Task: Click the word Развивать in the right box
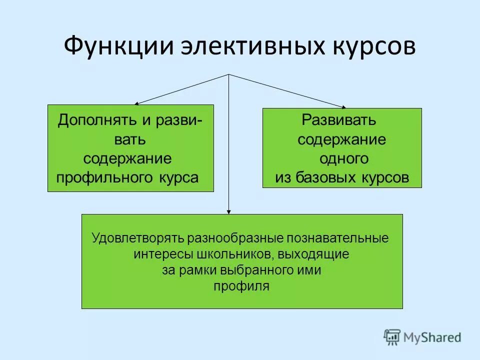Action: click(x=338, y=120)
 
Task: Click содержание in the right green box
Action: click(x=341, y=139)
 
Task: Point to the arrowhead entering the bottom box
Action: click(x=229, y=211)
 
